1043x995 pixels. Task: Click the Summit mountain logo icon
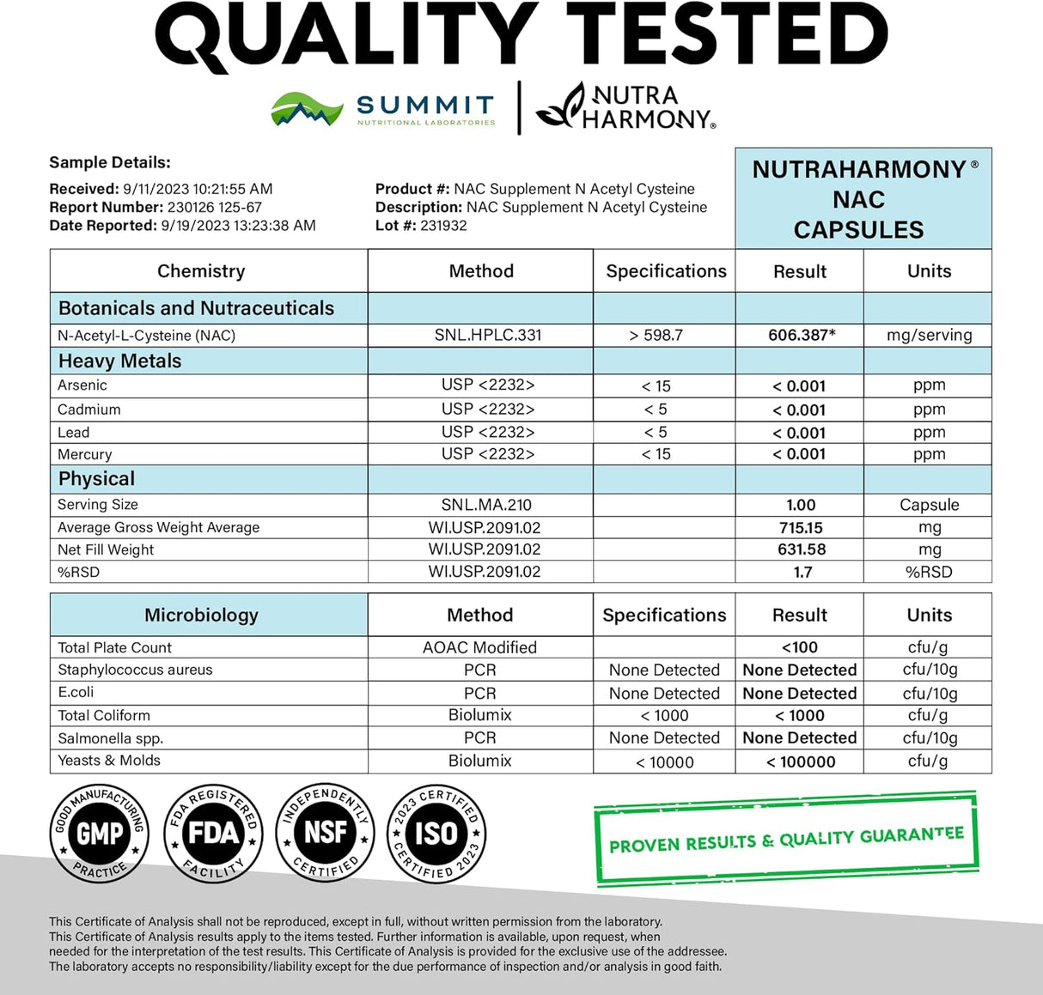click(307, 110)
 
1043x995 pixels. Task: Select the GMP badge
click(100, 833)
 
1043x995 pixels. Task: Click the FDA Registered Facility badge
click(213, 833)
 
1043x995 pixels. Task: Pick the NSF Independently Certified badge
click(326, 833)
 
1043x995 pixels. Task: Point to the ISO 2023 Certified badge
click(437, 833)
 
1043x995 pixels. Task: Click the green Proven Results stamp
click(785, 839)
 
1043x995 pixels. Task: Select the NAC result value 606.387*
click(801, 335)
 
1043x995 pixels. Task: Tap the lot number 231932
click(443, 226)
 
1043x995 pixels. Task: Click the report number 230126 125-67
click(214, 207)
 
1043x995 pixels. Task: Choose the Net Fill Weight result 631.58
click(801, 549)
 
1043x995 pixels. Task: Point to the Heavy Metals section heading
click(119, 361)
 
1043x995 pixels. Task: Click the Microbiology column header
click(201, 615)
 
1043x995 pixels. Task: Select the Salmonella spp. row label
click(110, 738)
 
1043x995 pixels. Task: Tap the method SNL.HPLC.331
click(487, 335)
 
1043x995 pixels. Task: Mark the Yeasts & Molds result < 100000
click(801, 761)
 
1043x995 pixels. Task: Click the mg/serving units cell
click(929, 335)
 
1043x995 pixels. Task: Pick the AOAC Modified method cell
click(479, 647)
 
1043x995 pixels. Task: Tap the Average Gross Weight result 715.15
click(801, 527)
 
